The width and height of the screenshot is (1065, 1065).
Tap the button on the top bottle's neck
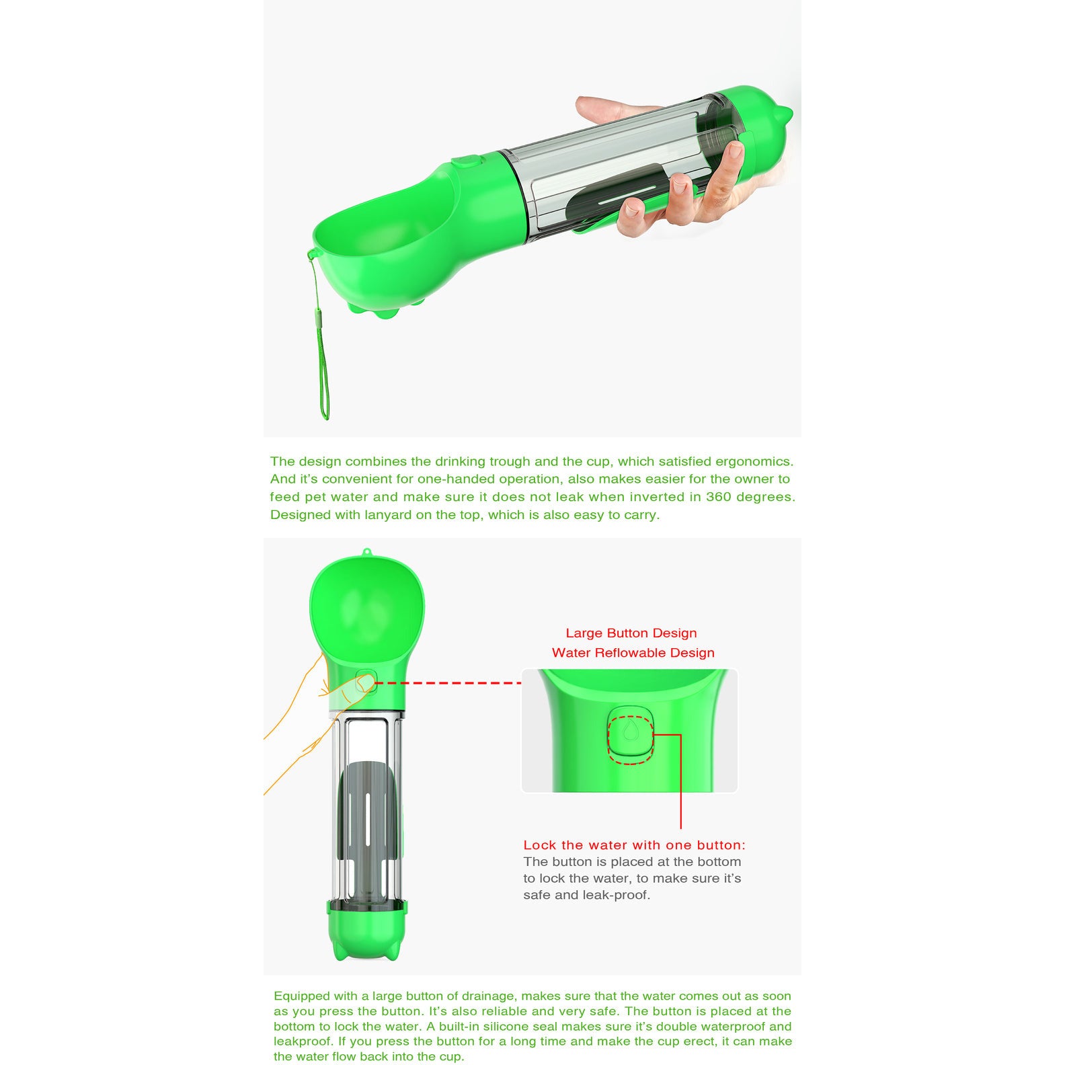(x=466, y=162)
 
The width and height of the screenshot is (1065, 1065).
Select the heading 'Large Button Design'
(x=631, y=633)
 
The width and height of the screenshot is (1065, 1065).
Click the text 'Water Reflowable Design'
(x=633, y=653)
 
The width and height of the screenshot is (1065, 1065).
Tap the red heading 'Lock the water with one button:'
(x=634, y=845)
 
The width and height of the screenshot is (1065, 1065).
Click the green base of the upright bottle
(x=367, y=931)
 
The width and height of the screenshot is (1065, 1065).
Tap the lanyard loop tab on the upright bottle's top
(x=366, y=553)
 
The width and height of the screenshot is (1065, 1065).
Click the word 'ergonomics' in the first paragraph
(x=754, y=462)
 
